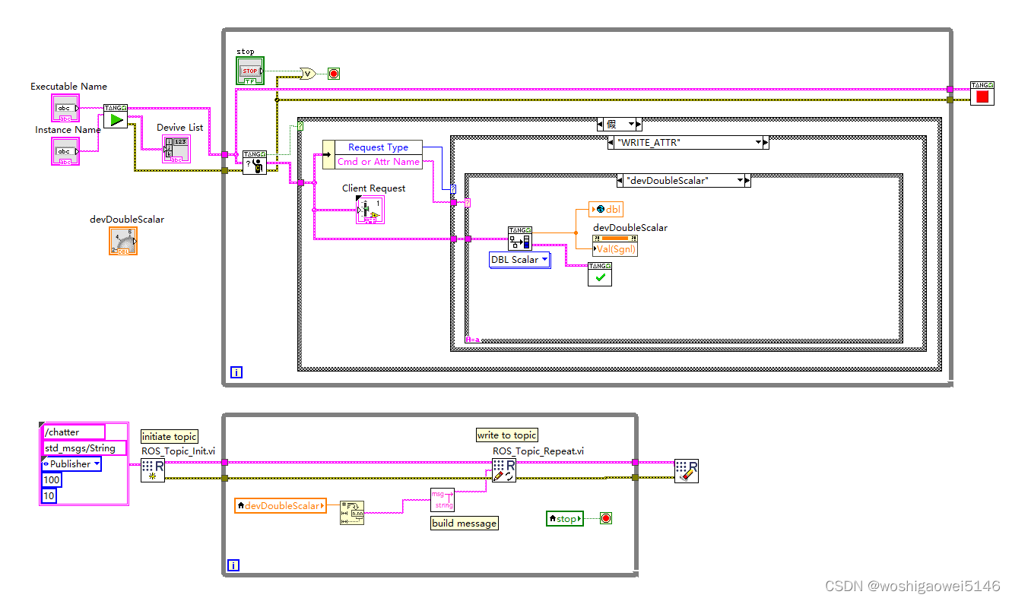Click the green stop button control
point(249,71)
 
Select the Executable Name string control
point(65,108)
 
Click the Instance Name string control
point(65,150)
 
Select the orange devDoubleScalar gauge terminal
point(123,241)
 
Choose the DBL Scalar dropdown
point(519,260)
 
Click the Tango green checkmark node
point(599,274)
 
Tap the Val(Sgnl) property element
point(615,249)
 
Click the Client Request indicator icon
point(370,210)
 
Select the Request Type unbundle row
point(377,147)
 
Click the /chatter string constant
point(72,432)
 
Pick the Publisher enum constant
point(71,463)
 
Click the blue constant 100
point(51,480)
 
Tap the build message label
point(464,523)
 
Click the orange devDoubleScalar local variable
point(280,505)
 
